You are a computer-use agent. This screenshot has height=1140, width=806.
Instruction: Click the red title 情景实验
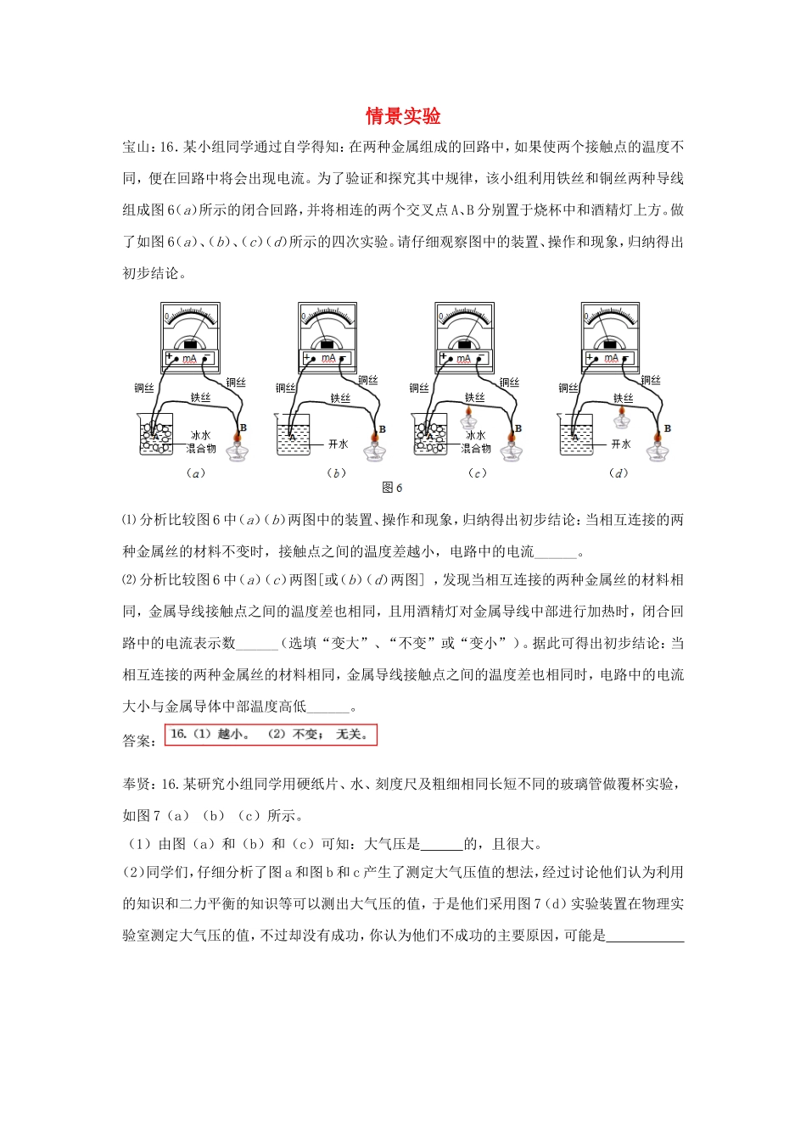(403, 116)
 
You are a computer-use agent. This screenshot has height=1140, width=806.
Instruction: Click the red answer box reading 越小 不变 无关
(270, 735)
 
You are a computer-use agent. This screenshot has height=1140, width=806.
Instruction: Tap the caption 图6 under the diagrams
(392, 488)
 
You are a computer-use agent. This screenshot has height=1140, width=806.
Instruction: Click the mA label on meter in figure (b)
(328, 359)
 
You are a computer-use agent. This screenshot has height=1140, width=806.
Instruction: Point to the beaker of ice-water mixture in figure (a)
(156, 434)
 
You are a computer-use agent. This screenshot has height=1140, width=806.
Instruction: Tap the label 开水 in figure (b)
(339, 444)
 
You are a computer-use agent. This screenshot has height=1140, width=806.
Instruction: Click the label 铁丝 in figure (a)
(200, 397)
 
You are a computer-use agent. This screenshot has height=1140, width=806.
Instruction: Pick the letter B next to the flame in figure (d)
(667, 428)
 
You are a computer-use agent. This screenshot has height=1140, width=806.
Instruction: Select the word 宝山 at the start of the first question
(136, 147)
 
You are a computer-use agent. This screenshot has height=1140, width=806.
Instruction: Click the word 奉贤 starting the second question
(136, 784)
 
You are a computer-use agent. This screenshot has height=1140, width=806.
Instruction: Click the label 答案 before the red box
(138, 740)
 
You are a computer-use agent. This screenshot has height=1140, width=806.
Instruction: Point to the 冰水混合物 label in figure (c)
(476, 441)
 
